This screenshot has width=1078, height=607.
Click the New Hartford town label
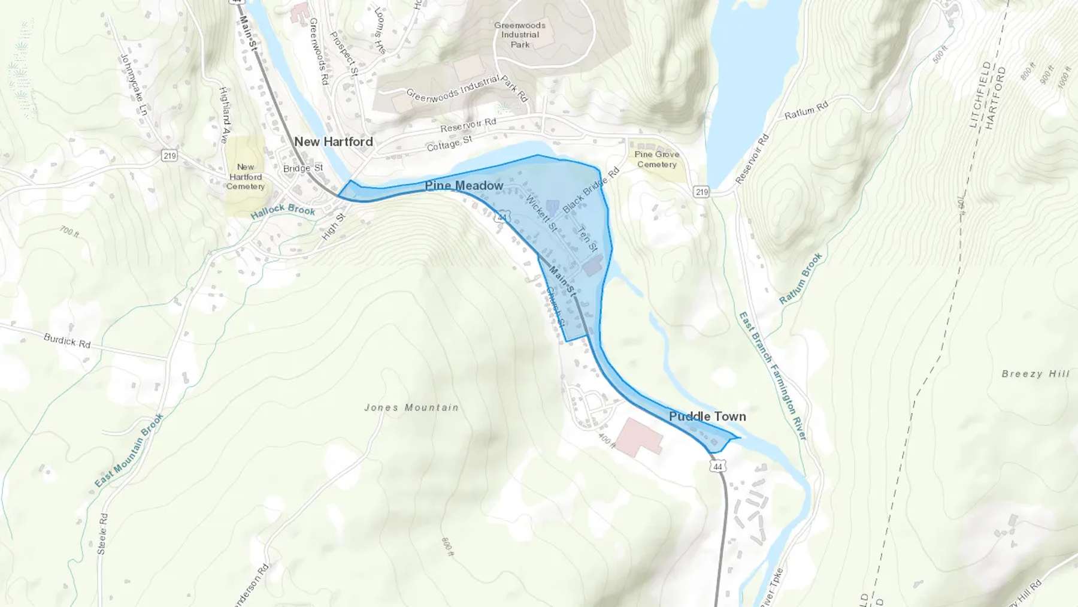point(334,142)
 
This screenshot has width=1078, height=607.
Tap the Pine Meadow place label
point(464,186)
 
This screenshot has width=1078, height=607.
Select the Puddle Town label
point(707,416)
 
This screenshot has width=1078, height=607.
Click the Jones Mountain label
point(411,407)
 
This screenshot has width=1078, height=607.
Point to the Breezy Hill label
point(1035,374)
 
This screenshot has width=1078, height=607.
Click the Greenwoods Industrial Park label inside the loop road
point(520,35)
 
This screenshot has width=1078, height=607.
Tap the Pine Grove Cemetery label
point(657,159)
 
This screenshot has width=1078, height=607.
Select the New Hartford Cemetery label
point(246,177)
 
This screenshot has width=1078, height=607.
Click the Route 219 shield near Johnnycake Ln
point(169,156)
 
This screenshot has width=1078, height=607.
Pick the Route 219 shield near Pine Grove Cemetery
point(702,192)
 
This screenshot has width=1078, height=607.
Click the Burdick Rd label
point(67,341)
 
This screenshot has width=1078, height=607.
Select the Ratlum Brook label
point(801,279)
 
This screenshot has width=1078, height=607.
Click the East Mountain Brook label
point(129,449)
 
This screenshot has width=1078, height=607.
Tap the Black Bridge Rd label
point(591,190)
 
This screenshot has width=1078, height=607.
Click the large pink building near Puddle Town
point(640,437)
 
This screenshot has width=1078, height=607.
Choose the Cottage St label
point(449,144)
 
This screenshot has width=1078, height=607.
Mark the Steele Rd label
point(103,533)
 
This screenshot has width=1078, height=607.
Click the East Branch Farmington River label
point(773,376)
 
